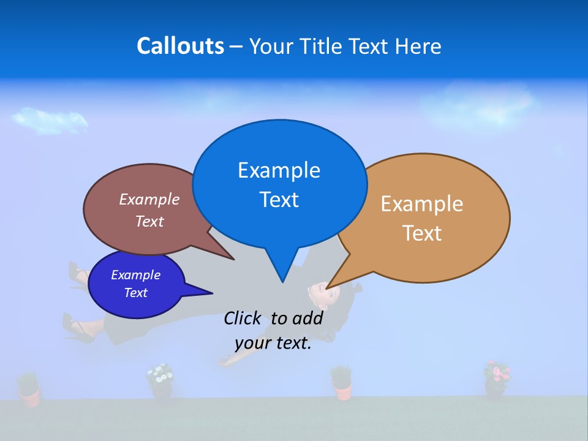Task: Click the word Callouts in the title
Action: point(180,46)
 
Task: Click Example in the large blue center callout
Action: point(279,170)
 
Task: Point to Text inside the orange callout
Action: point(422,233)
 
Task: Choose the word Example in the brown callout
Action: point(149,199)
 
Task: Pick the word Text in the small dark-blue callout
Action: point(135,293)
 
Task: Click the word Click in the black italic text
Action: point(242,318)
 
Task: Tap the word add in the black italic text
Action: point(307,318)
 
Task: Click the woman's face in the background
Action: point(322,295)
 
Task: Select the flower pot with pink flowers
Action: point(496,379)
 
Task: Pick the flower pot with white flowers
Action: point(160,381)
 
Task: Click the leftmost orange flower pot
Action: point(28,391)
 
